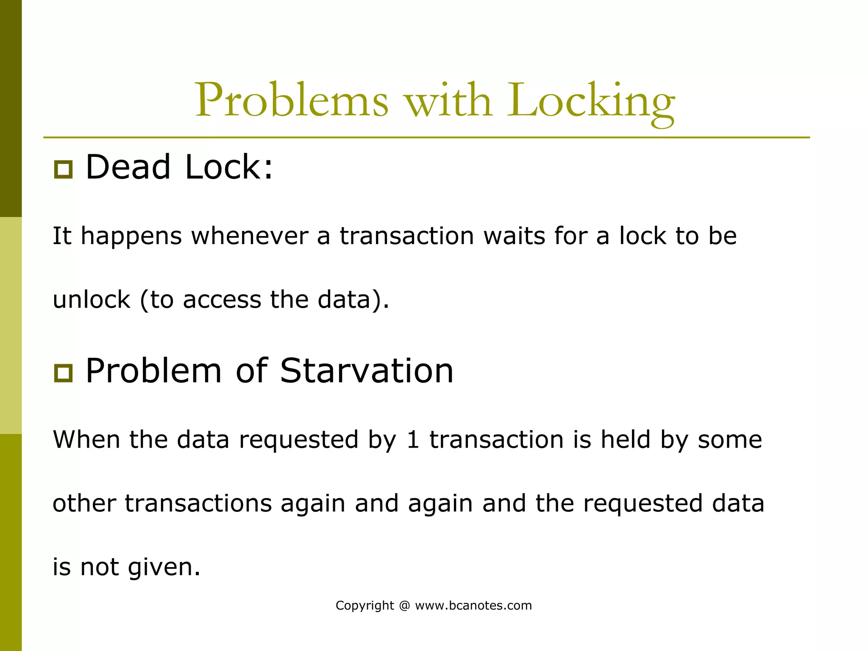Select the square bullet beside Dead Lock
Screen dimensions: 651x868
pos(63,170)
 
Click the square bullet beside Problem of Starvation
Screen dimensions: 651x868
pos(63,373)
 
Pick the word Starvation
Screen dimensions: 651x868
pos(367,370)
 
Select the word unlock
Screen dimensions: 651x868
pos(91,300)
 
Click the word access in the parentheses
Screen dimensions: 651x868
pos(222,300)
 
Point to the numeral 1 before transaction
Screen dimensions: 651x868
pos(412,440)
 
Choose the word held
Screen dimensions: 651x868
pos(625,440)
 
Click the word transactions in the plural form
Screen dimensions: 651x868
pos(198,504)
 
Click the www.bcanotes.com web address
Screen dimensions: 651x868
pos(473,605)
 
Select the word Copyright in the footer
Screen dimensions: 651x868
pos(364,606)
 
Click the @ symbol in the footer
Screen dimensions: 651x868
pos(404,606)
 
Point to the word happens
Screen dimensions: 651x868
pos(131,236)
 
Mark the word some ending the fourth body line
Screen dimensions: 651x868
pos(730,440)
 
